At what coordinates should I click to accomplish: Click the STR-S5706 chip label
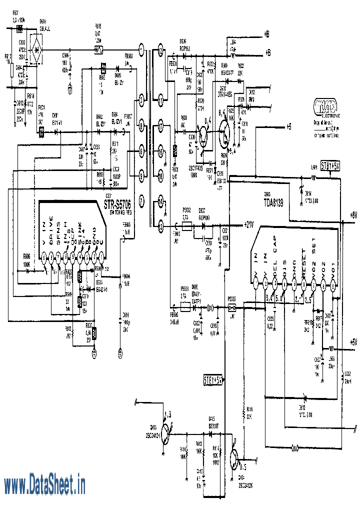(x=118, y=204)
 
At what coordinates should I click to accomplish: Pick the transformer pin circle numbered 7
(x=141, y=201)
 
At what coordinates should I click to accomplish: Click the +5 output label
(x=289, y=126)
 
